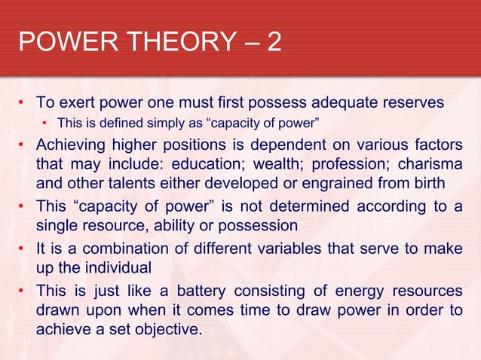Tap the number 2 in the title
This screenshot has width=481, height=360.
tap(273, 41)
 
